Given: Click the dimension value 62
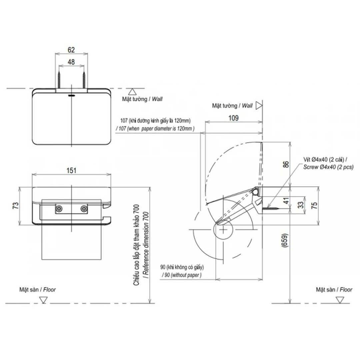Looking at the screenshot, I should [71, 50].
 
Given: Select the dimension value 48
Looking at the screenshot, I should [71, 62].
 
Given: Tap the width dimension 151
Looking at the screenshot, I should [71, 170].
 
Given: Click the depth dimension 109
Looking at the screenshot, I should [233, 118].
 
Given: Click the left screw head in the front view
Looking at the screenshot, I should [59, 209].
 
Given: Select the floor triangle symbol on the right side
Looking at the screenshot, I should [340, 300].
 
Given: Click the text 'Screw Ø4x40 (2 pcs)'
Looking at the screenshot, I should [328, 167].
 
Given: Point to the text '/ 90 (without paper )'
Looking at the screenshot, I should [182, 275].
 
